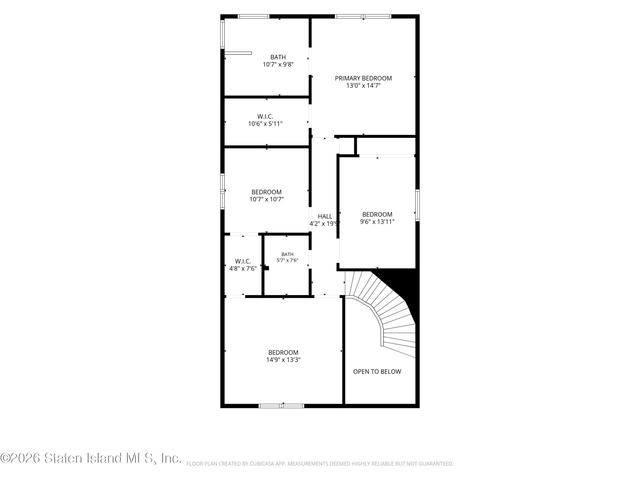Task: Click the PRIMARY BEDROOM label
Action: pos(363,78)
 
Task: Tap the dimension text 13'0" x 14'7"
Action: pos(363,85)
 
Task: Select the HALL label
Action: pos(325,216)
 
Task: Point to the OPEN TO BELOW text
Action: pos(377,371)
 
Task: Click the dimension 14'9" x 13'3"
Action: pos(283,360)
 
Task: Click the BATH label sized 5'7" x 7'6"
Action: pos(287,254)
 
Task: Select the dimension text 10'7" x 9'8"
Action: pos(278,64)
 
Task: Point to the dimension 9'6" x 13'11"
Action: pos(377,222)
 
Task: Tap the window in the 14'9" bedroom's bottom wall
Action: pos(281,406)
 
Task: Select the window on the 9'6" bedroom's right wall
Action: pos(417,205)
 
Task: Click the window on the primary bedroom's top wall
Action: pos(363,16)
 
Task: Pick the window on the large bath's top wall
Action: pos(253,16)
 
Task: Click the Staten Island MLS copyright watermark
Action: pos(90,458)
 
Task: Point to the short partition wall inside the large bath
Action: pos(238,53)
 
